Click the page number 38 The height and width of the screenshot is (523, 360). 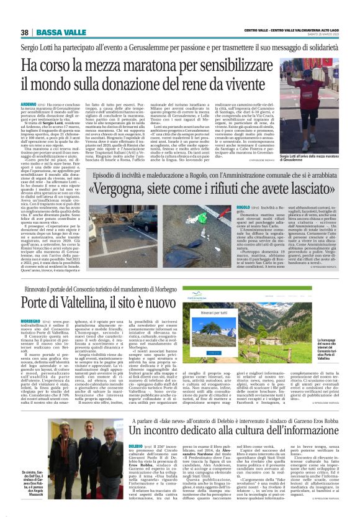(x=24, y=32)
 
